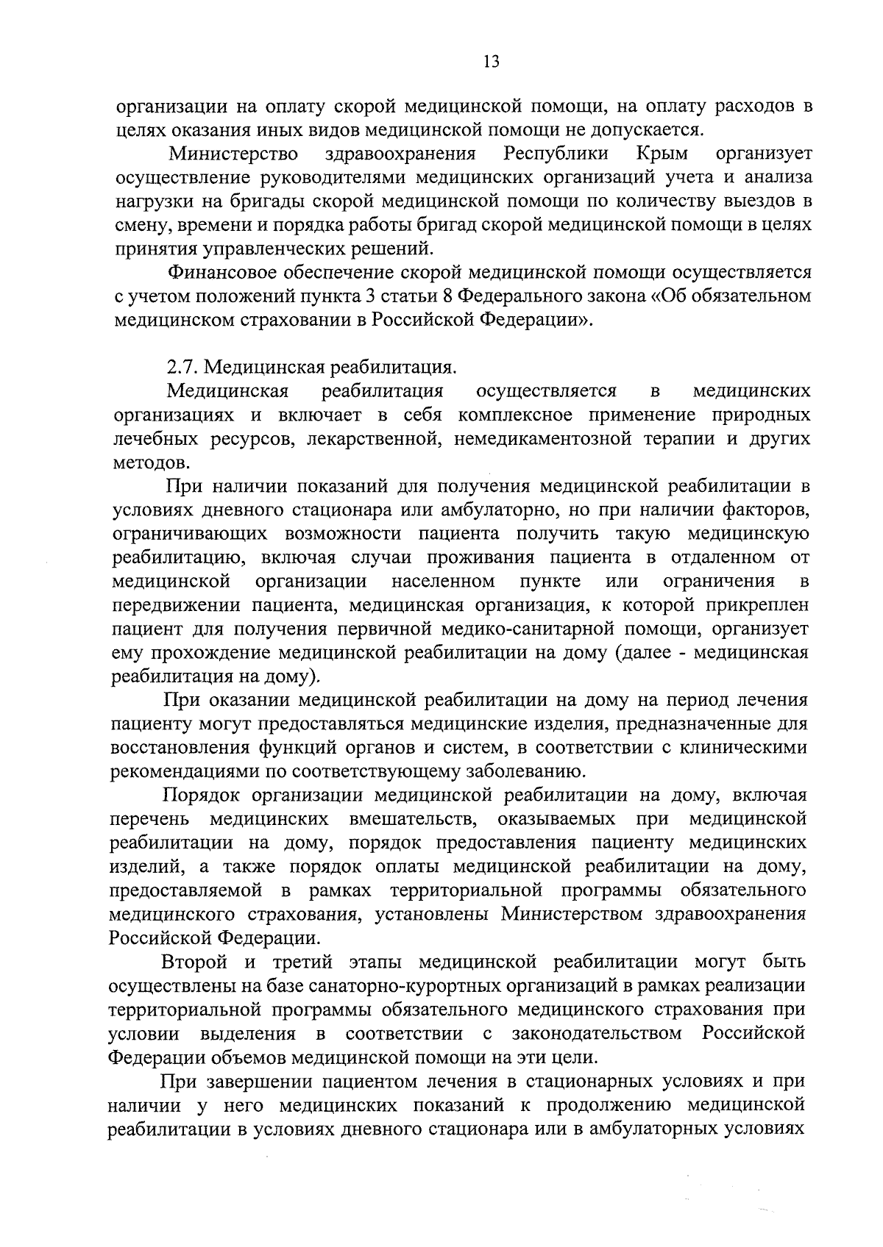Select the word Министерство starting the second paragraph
(233, 153)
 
